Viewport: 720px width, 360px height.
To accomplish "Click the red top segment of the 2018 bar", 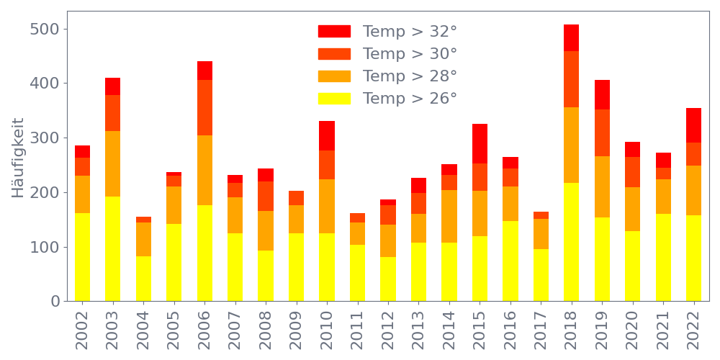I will coord(572,37).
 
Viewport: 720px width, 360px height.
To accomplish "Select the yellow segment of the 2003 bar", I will coord(113,248).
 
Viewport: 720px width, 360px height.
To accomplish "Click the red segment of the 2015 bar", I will coord(480,143).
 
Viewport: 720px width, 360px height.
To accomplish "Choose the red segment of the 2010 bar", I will coord(327,135).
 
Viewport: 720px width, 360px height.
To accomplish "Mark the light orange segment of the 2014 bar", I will coord(449,216).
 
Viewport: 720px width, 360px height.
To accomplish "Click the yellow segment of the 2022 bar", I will coord(694,258).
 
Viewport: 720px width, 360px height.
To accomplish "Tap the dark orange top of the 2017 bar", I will coord(541,215).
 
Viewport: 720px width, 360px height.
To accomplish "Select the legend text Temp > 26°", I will coord(410,98).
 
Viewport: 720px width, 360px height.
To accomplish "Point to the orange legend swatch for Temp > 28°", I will coord(334,76).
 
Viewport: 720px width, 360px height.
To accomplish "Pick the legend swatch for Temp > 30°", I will coord(334,54).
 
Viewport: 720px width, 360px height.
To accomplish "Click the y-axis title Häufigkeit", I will coord(18,157).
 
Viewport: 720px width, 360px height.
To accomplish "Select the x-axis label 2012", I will coord(388,328).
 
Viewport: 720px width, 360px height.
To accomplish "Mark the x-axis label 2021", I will coord(663,328).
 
